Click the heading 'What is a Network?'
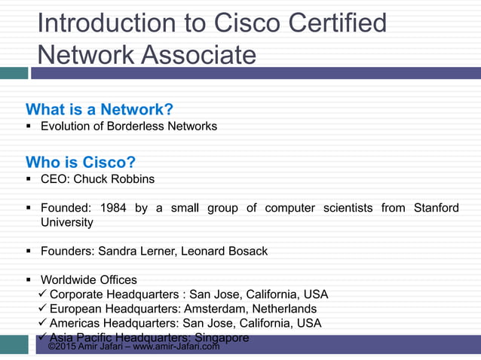(x=100, y=108)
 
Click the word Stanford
(x=436, y=208)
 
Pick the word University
(x=67, y=222)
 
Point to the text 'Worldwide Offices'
(x=89, y=279)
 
